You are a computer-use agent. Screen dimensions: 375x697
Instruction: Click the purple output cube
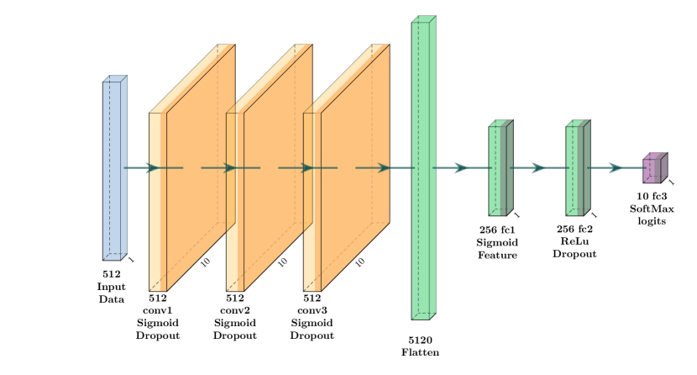click(x=649, y=170)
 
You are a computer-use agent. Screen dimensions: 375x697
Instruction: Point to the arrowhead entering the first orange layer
click(x=153, y=168)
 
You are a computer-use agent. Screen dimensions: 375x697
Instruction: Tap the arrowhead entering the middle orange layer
click(x=229, y=168)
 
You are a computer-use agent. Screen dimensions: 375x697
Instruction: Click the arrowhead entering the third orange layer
click(x=307, y=168)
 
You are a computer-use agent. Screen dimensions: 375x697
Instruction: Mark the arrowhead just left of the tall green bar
click(x=384, y=168)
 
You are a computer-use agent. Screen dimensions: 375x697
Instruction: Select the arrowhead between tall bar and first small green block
click(x=461, y=168)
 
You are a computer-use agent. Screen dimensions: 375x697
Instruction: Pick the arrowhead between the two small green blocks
click(x=538, y=168)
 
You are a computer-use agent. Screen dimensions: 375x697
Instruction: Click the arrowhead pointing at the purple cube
click(x=616, y=168)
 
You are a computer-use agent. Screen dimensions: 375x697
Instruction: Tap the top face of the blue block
click(x=115, y=79)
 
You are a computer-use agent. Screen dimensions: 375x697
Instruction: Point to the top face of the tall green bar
click(x=424, y=19)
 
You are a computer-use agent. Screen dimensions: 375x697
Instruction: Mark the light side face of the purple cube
click(x=663, y=168)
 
